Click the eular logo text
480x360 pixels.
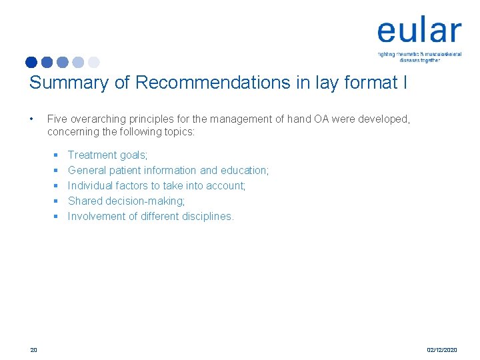pos(419,31)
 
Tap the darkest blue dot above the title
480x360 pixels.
pos(31,62)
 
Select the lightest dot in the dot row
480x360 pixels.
pos(94,62)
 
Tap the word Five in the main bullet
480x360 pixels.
pos(57,119)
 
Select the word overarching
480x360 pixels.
pos(97,119)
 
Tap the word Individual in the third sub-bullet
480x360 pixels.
pos(91,186)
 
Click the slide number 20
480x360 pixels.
pos(33,349)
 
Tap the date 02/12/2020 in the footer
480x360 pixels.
pos(442,349)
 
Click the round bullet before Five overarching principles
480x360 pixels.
pos(32,119)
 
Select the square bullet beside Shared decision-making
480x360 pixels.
pos(57,201)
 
